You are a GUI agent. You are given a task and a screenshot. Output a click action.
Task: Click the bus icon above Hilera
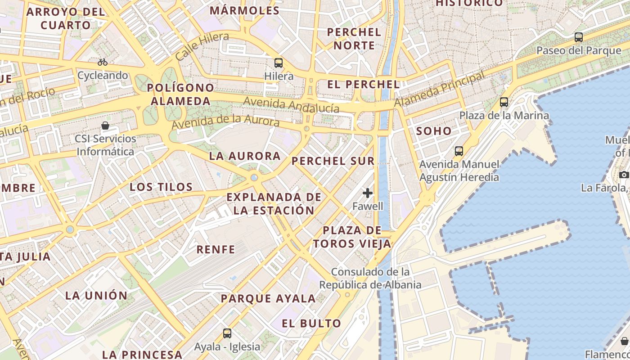click(x=279, y=63)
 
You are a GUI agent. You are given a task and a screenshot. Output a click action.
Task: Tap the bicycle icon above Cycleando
click(x=103, y=62)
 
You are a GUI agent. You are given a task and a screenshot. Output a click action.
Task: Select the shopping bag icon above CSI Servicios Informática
click(x=105, y=126)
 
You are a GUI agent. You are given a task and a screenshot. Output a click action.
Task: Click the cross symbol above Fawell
click(x=368, y=193)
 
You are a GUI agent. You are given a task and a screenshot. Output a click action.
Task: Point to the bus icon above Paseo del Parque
click(x=579, y=37)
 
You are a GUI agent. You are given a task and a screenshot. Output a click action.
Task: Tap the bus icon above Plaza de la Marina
click(x=504, y=102)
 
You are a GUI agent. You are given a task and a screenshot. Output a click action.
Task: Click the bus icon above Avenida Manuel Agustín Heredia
click(x=459, y=151)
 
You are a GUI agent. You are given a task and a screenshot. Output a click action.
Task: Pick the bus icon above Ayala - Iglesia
click(x=227, y=333)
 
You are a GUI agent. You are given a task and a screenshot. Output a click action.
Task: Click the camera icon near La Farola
click(x=624, y=175)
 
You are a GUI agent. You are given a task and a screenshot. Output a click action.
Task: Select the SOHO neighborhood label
click(x=434, y=131)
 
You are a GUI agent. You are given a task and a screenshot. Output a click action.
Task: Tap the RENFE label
click(x=216, y=249)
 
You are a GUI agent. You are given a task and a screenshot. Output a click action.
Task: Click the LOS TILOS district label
click(x=161, y=187)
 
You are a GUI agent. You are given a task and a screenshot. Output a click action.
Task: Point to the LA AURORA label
click(x=245, y=156)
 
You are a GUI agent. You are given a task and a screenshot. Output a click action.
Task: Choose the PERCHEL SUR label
click(x=333, y=161)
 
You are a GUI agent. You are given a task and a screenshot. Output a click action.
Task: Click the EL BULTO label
click(x=311, y=323)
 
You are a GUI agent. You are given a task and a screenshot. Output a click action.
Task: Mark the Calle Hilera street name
click(x=202, y=46)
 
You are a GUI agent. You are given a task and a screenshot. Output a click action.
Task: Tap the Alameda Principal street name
click(x=440, y=89)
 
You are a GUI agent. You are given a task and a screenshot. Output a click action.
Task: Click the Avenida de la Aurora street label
click(x=225, y=121)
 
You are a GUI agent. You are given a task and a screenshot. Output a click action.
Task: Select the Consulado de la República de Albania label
click(x=370, y=278)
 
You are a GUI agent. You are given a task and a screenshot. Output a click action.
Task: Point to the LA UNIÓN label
click(x=96, y=296)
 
